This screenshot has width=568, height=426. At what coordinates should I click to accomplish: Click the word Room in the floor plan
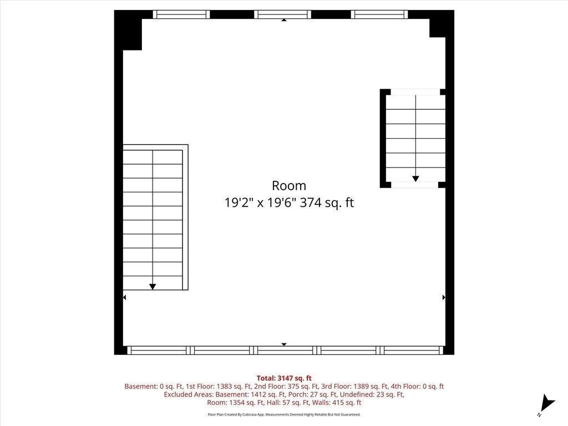coord(288,186)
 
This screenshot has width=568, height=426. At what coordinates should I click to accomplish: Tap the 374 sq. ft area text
coord(327,202)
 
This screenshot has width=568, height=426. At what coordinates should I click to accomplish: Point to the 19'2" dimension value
coord(239,202)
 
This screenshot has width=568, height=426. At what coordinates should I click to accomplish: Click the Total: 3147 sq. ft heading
coord(284,378)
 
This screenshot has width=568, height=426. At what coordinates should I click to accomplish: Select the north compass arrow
coord(547,404)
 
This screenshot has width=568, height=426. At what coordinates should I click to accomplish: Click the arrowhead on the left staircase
coord(153,287)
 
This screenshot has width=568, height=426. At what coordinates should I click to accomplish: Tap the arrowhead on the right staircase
coord(415,179)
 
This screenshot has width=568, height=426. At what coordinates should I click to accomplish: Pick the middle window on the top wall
coord(282,14)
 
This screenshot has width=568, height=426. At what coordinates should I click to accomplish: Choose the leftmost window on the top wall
coord(181,14)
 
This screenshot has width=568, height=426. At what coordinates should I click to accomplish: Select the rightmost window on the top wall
coord(379,14)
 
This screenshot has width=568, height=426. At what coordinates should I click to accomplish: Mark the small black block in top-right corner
coord(437,28)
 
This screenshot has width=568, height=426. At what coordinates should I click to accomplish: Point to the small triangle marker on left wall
coord(125,297)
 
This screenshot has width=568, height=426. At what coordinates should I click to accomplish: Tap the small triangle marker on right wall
coord(444,297)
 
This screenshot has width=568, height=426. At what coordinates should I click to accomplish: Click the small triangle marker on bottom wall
coord(284,344)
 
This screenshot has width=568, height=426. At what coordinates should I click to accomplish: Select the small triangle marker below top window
coord(284,21)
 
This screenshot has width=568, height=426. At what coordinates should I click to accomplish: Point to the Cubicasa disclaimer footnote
coord(284,414)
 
